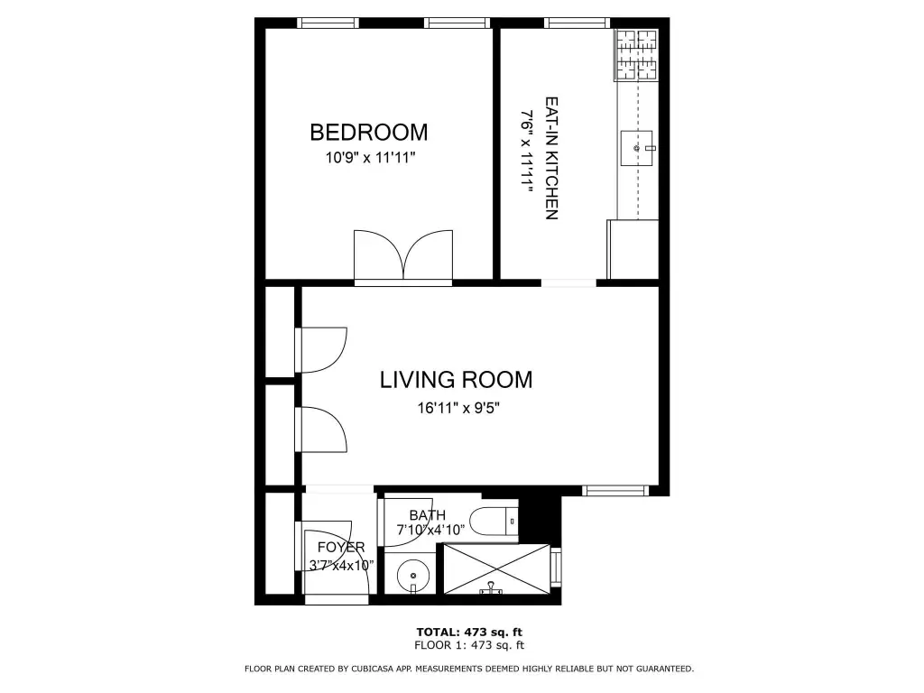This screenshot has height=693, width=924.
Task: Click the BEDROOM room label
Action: pyautogui.click(x=369, y=132)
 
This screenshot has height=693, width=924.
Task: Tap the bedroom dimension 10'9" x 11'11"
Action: pyautogui.click(x=371, y=158)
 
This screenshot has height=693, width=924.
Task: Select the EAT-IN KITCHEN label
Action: pyautogui.click(x=551, y=159)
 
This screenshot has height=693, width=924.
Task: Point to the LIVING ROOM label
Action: pyautogui.click(x=456, y=380)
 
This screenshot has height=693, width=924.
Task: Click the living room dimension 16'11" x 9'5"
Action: pyautogui.click(x=458, y=408)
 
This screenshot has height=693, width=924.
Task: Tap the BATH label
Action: pyautogui.click(x=427, y=515)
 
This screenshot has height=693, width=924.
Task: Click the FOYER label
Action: pyautogui.click(x=341, y=548)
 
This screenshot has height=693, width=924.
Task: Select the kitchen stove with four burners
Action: pyautogui.click(x=636, y=55)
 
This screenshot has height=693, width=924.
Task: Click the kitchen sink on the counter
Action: pyautogui.click(x=637, y=148)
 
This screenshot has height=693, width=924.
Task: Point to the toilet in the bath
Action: pyautogui.click(x=494, y=521)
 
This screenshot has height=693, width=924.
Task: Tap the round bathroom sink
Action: pyautogui.click(x=411, y=575)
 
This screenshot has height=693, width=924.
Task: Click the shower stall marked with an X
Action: pyautogui.click(x=497, y=568)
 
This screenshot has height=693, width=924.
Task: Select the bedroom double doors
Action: pyautogui.click(x=403, y=257)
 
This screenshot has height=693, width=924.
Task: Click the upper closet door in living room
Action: pyautogui.click(x=321, y=350)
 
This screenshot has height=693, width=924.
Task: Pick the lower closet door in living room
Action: pyautogui.click(x=321, y=429)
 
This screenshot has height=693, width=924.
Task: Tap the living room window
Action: pyautogui.click(x=615, y=490)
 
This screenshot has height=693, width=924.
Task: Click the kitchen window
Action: pyautogui.click(x=577, y=23)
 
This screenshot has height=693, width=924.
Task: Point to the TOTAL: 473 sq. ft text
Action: pyautogui.click(x=469, y=633)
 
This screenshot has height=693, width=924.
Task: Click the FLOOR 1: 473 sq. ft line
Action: pyautogui.click(x=469, y=645)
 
